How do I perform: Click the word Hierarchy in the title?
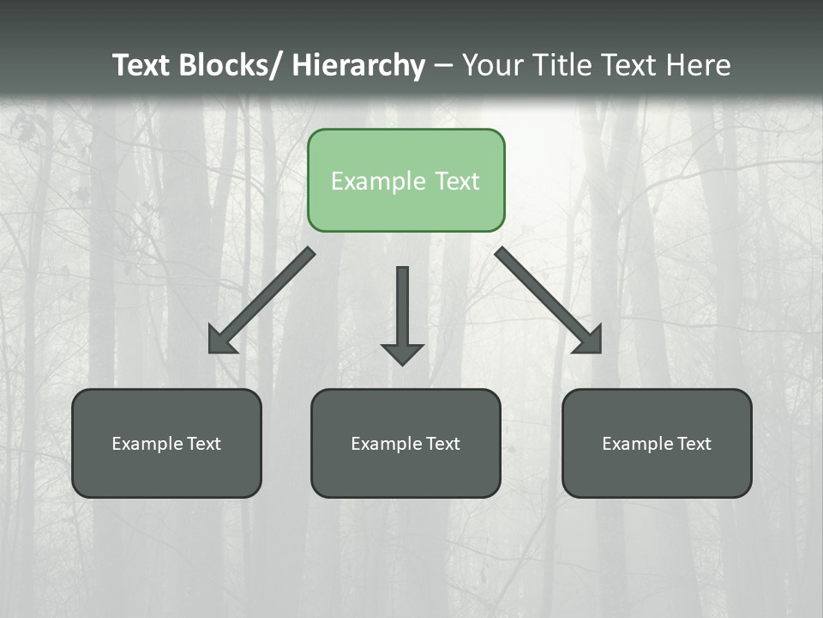[358, 65]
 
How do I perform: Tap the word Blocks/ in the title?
[230, 65]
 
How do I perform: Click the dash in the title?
[443, 65]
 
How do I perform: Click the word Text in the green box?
[455, 181]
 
